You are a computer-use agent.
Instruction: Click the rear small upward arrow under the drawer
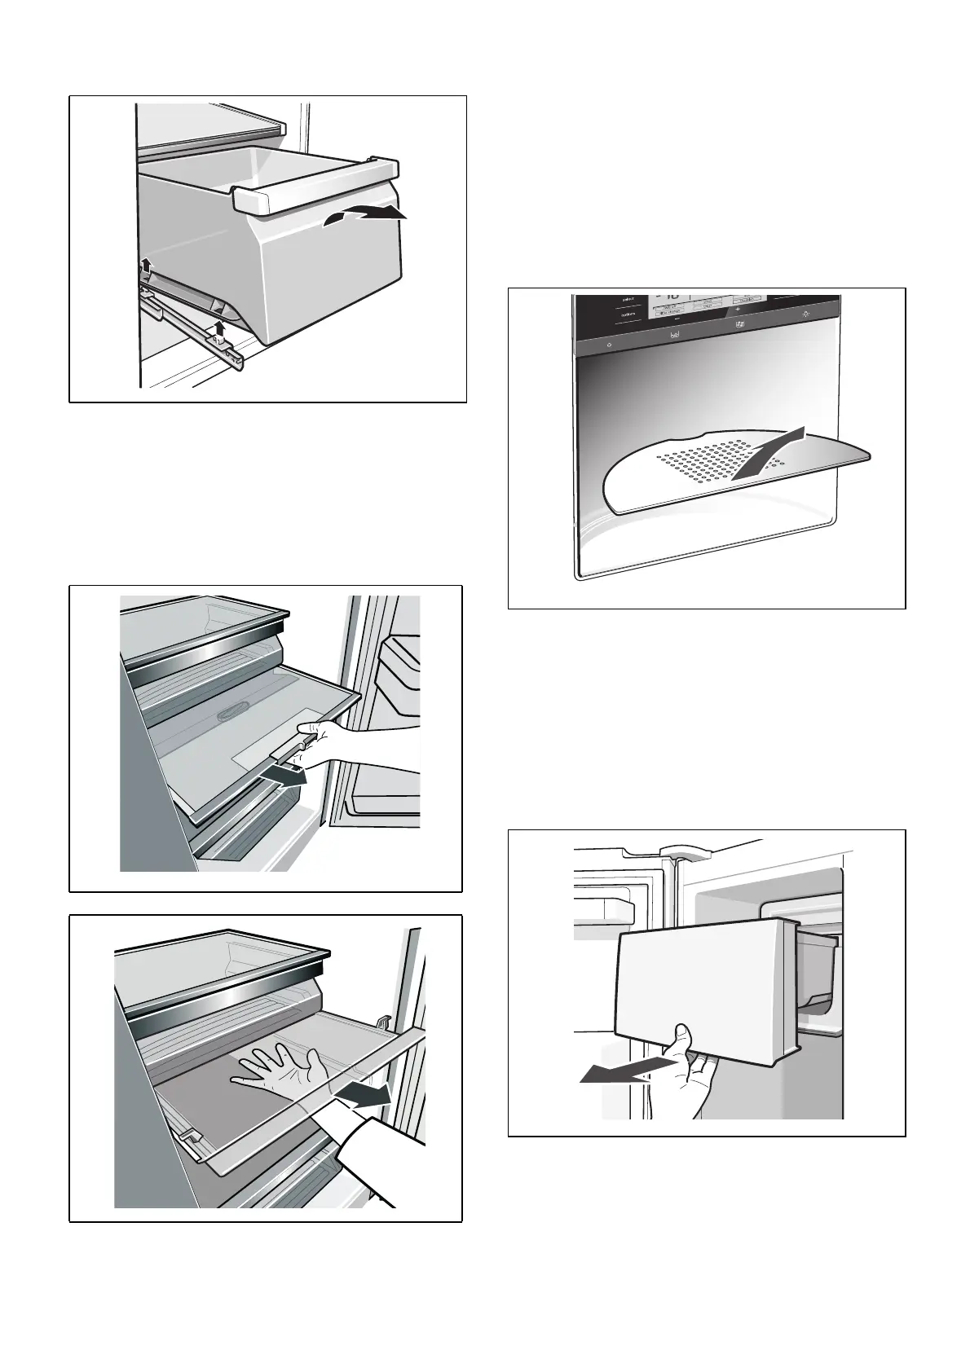click(x=146, y=265)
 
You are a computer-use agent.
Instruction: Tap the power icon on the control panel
click(x=611, y=345)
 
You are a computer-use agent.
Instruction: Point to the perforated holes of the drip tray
click(x=701, y=460)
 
